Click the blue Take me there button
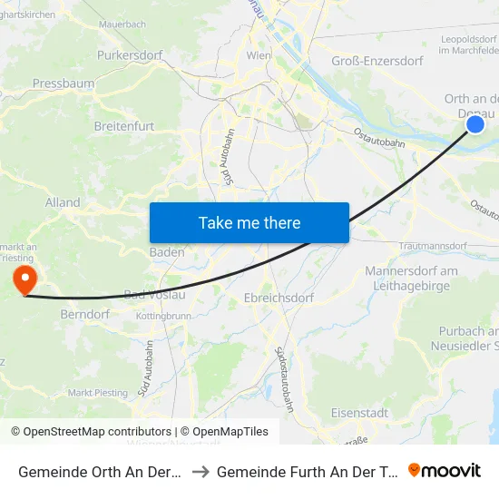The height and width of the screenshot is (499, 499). [x=249, y=222]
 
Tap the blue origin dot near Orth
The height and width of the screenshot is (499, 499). [x=475, y=124]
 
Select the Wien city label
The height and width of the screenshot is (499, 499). [x=259, y=55]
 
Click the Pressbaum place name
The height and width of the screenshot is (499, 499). [x=64, y=83]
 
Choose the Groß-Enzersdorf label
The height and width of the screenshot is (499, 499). [x=377, y=61]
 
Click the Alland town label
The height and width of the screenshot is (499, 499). [x=63, y=202]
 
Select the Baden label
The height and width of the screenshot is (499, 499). [x=168, y=252]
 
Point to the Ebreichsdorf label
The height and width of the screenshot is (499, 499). [x=279, y=298]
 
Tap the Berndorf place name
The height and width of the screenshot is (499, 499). [x=84, y=314]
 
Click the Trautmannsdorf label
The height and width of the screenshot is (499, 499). [x=431, y=247]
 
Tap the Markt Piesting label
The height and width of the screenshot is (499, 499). [x=98, y=393]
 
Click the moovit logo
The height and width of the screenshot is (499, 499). [x=445, y=470]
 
